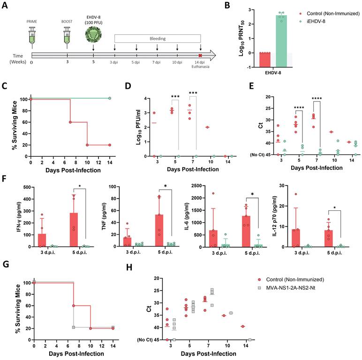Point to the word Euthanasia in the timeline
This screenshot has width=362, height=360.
200,67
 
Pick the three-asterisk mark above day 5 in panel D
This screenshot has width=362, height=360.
176,98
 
